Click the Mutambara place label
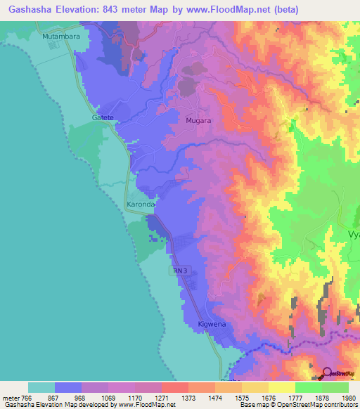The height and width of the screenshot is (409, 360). [60, 36]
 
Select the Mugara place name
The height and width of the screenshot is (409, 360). [198, 120]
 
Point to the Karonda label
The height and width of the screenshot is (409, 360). [139, 204]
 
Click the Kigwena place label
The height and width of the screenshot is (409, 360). [211, 325]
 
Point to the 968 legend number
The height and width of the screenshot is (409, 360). [81, 398]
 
